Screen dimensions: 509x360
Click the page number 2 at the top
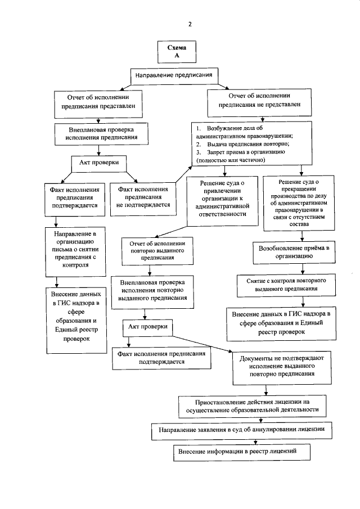[x=190, y=24]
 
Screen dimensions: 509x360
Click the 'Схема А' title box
[x=177, y=52]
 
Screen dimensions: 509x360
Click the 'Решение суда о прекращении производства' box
[x=298, y=202]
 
